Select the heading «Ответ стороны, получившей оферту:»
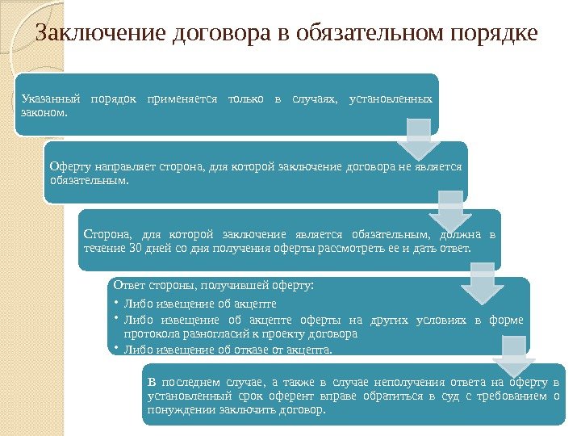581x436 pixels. pyautogui.click(x=213, y=285)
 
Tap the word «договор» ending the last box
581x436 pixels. pyautogui.click(x=306, y=409)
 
